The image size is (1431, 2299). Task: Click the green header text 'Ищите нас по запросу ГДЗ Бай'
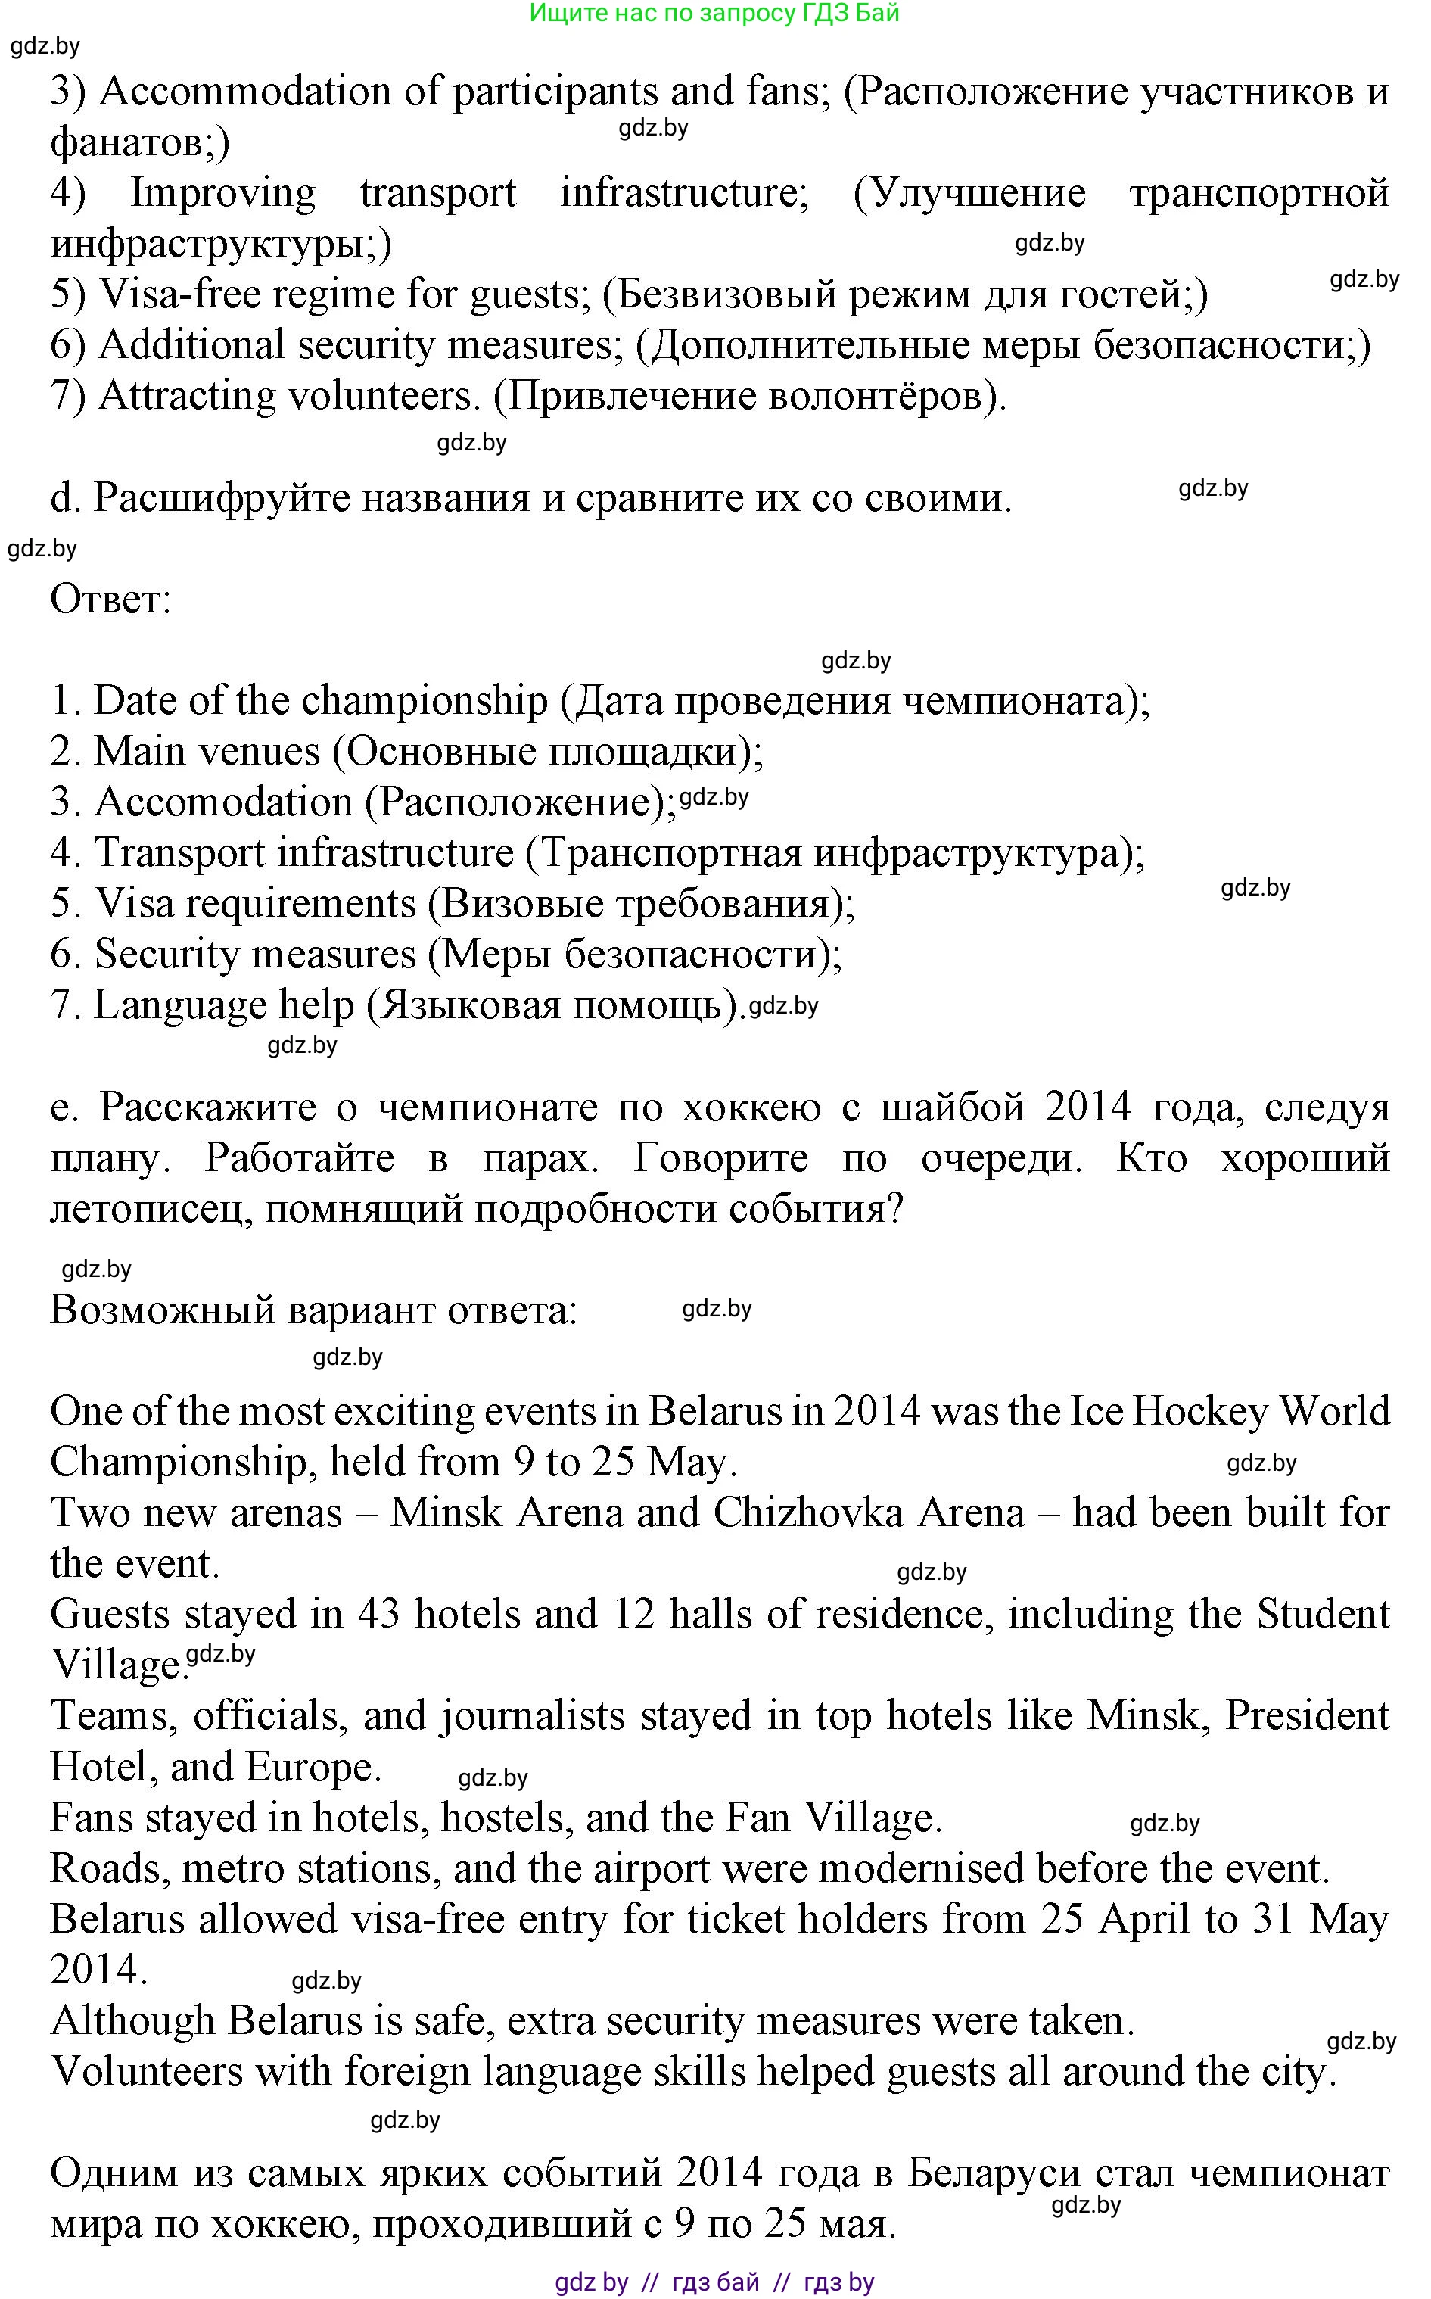pos(714,14)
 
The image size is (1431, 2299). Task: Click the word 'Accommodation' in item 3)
pos(244,92)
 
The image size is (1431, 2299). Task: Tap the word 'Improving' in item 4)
pos(222,193)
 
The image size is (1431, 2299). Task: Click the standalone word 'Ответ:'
pos(110,599)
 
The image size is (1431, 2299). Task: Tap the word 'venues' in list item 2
pos(261,752)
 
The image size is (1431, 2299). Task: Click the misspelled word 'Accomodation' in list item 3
pos(223,802)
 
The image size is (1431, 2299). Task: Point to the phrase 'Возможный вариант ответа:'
pos(313,1311)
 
